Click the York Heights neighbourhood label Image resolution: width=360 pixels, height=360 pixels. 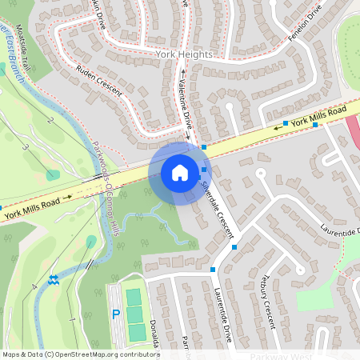tap(185, 54)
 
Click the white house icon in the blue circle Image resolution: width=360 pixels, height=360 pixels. tap(179, 173)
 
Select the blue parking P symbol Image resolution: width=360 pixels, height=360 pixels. tap(115, 314)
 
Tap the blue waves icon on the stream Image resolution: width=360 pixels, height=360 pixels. tap(53, 280)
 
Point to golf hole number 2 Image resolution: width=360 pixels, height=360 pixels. tap(50, 120)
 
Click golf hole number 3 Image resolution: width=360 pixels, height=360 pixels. tap(25, 148)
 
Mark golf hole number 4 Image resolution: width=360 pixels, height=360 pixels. tap(34, 286)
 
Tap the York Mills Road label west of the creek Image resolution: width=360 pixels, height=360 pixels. tap(32, 210)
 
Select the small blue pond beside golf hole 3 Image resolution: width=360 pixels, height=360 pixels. tap(52, 175)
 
